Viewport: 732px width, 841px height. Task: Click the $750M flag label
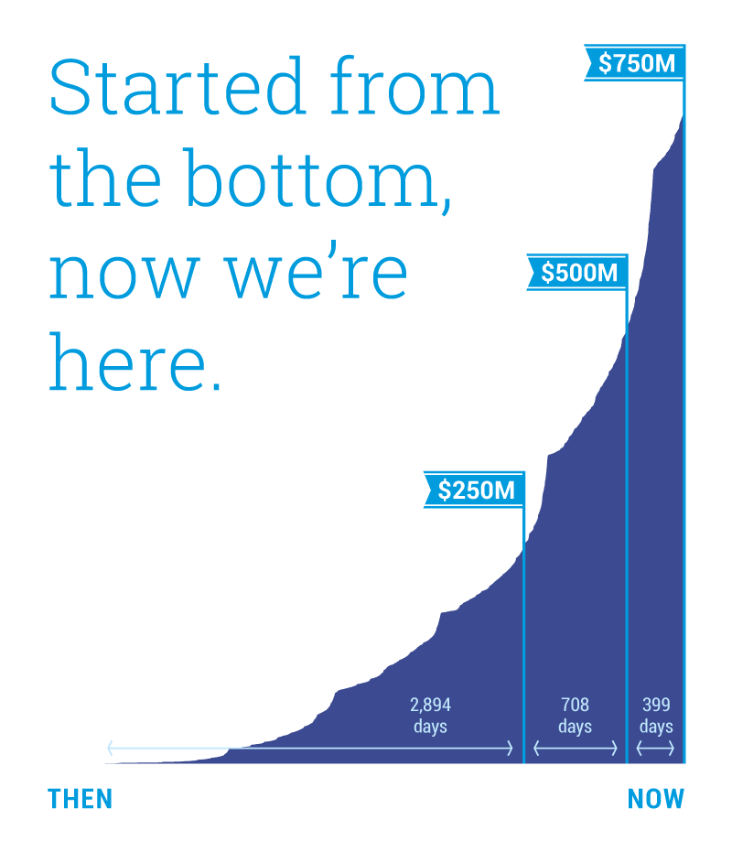pyautogui.click(x=637, y=63)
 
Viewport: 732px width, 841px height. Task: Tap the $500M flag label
pyautogui.click(x=579, y=273)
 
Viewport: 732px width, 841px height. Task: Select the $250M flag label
pyautogui.click(x=476, y=491)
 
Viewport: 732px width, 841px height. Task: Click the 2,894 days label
pyautogui.click(x=431, y=715)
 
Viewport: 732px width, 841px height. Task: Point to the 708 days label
pyautogui.click(x=575, y=715)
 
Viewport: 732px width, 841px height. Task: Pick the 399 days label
pyautogui.click(x=656, y=715)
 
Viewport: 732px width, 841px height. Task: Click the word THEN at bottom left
pyautogui.click(x=80, y=799)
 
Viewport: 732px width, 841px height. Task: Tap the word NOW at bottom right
pyautogui.click(x=656, y=799)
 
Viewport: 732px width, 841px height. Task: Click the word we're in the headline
pyautogui.click(x=316, y=270)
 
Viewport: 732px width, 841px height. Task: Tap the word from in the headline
pyautogui.click(x=414, y=85)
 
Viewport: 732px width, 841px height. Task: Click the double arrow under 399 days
pyautogui.click(x=655, y=749)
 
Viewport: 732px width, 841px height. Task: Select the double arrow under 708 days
pyautogui.click(x=576, y=749)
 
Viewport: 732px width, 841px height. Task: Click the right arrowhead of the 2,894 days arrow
pyautogui.click(x=510, y=749)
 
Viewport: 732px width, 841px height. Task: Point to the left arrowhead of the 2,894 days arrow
pyautogui.click(x=111, y=749)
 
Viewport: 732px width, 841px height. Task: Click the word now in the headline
pyautogui.click(x=124, y=276)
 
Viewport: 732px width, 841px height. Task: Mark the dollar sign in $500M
pyautogui.click(x=547, y=273)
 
